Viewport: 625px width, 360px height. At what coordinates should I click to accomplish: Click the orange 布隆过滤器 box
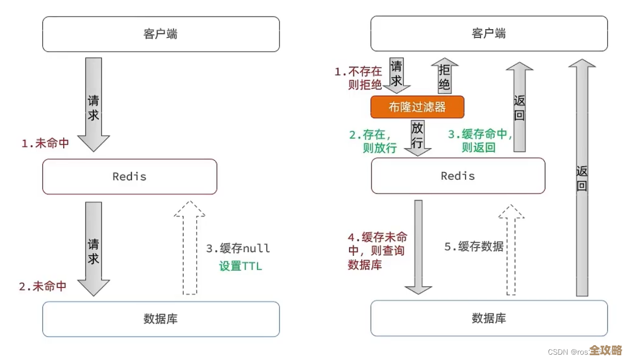(x=417, y=107)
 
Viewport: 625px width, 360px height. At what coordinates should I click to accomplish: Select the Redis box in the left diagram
(x=130, y=177)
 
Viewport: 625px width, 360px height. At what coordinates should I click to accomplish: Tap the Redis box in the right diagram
(x=458, y=176)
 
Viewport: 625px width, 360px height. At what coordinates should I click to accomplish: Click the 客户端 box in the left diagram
(x=161, y=34)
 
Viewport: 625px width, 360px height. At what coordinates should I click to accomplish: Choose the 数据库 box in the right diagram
(x=489, y=319)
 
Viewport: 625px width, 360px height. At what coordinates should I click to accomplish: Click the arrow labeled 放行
(x=417, y=137)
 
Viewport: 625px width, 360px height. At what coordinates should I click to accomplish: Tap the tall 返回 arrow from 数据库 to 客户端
(x=582, y=178)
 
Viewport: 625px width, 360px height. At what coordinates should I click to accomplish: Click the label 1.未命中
(x=45, y=144)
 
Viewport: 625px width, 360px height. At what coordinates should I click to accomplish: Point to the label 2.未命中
(x=43, y=287)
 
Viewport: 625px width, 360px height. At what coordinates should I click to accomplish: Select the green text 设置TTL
(x=241, y=266)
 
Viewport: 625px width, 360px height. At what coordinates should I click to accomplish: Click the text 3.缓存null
(x=238, y=248)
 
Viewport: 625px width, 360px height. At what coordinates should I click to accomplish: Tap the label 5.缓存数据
(x=474, y=247)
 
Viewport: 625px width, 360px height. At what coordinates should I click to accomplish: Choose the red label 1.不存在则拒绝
(x=358, y=78)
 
